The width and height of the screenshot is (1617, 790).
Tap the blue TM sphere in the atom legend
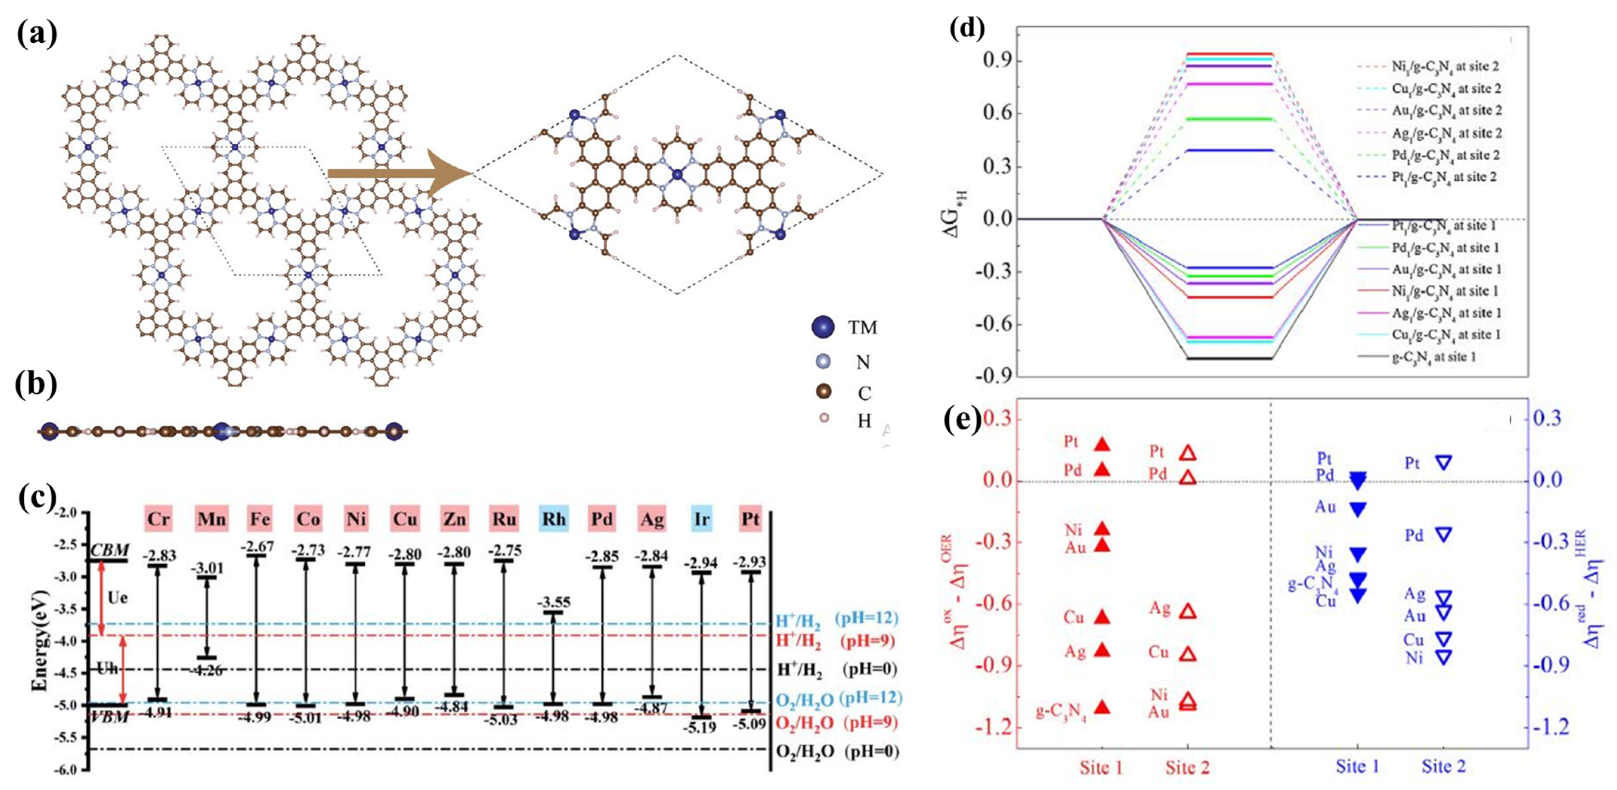click(x=823, y=327)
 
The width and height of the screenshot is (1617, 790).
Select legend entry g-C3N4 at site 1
click(x=1444, y=357)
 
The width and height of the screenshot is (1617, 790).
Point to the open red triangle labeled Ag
click(x=1188, y=611)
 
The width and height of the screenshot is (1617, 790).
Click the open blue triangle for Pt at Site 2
click(x=1443, y=463)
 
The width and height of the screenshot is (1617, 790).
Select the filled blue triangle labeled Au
click(x=1357, y=509)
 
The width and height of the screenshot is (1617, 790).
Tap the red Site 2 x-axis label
click(x=1187, y=767)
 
